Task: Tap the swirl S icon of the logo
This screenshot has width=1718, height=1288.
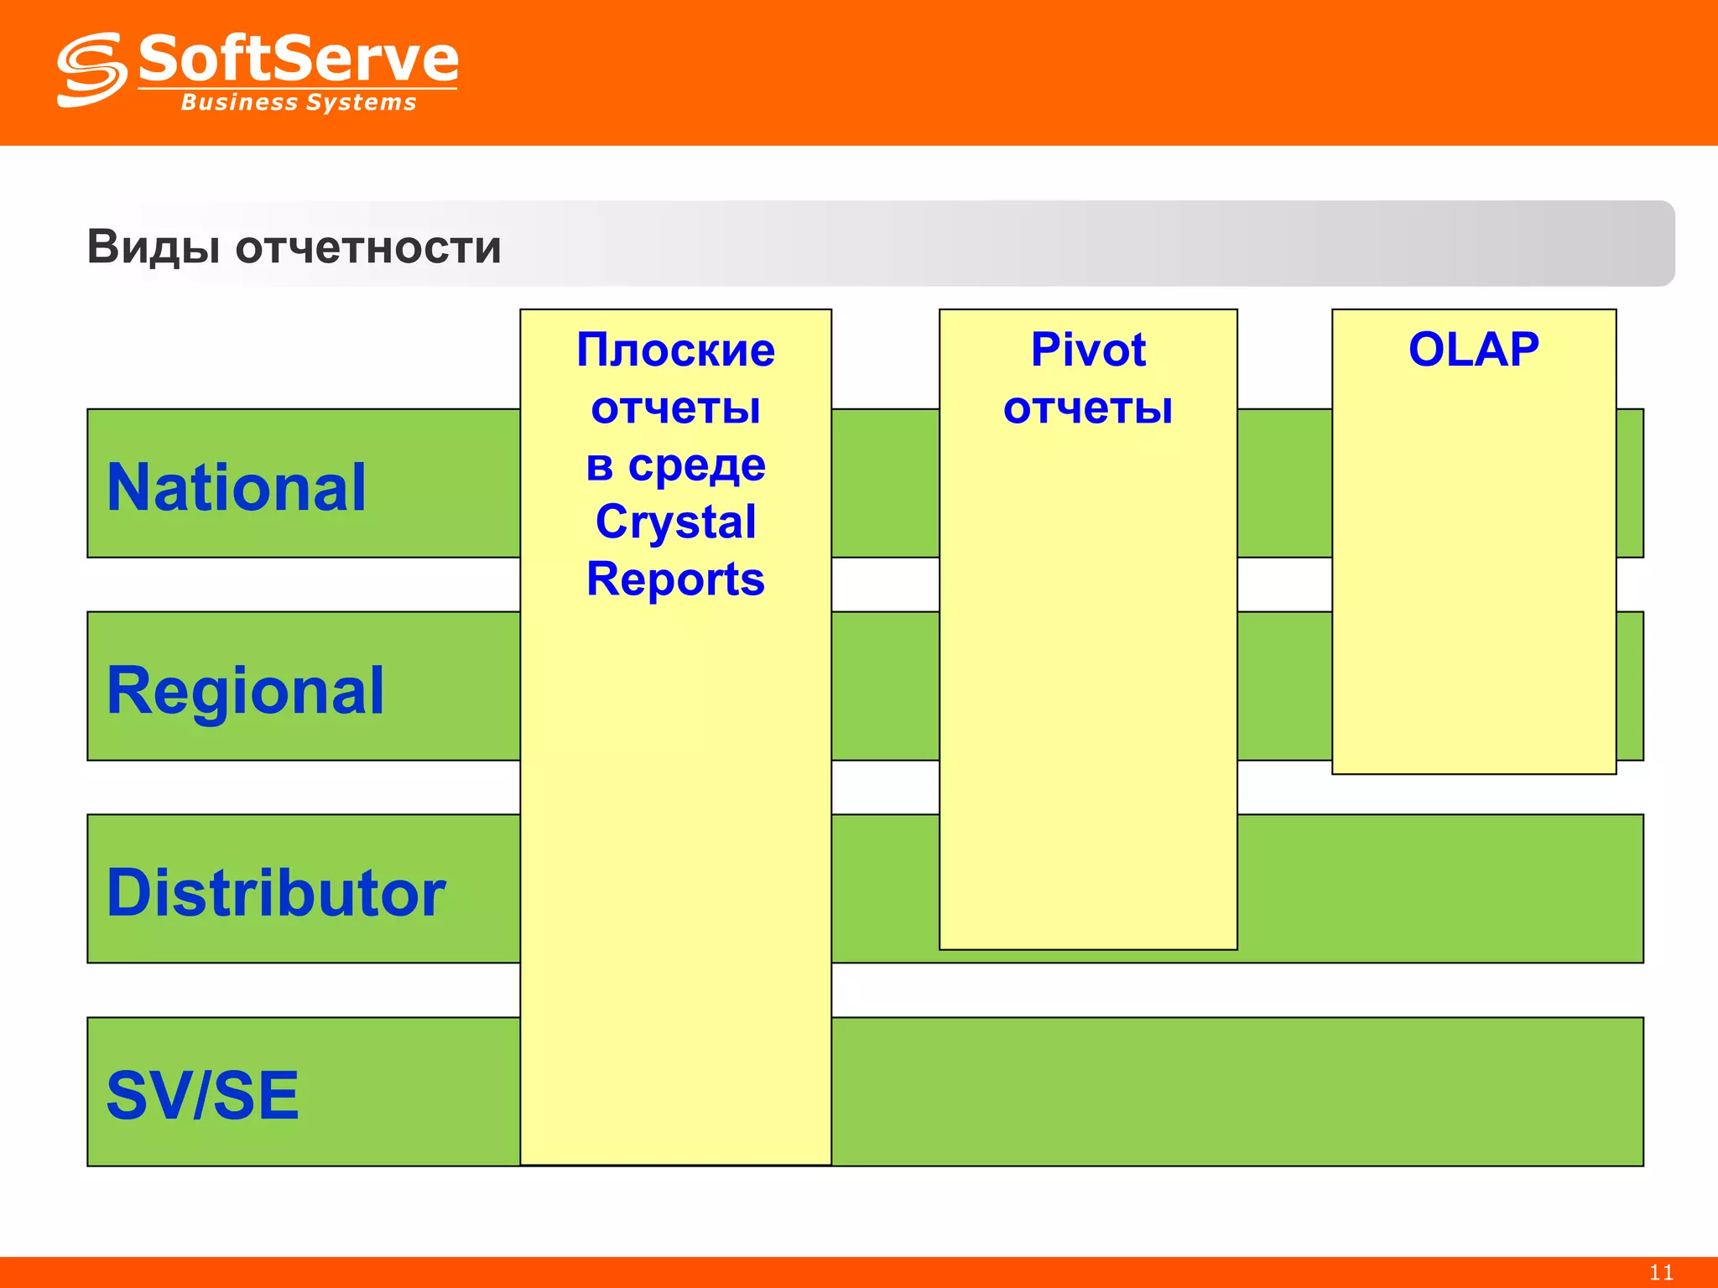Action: click(91, 70)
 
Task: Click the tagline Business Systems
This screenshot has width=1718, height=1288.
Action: click(299, 102)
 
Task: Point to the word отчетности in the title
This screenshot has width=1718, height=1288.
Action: click(368, 248)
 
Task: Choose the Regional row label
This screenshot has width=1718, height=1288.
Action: click(245, 690)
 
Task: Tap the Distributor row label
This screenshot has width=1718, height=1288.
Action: click(276, 892)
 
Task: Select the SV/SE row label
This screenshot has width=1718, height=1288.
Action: click(202, 1095)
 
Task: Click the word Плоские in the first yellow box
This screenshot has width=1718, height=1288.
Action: click(675, 350)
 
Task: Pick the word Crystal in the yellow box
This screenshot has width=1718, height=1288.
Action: click(675, 522)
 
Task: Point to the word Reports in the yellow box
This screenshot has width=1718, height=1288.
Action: click(675, 579)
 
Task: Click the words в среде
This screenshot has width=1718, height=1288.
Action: click(675, 465)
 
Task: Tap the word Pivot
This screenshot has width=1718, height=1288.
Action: click(1087, 350)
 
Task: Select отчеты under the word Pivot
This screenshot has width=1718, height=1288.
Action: click(1087, 408)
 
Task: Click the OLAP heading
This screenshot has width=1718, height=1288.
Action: click(1473, 350)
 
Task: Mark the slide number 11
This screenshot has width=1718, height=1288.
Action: click(1661, 1272)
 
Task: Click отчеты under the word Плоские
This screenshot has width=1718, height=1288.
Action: click(675, 408)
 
